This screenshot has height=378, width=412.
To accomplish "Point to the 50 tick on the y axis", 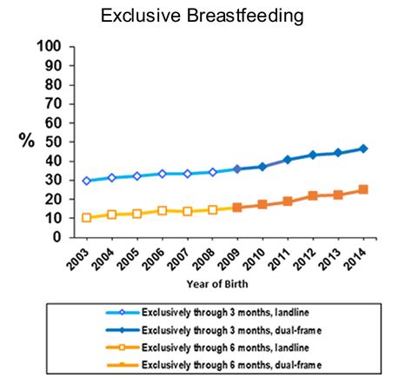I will (x=53, y=142).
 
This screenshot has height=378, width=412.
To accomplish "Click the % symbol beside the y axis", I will (x=26, y=142).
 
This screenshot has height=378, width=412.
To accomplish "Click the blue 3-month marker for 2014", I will (x=363, y=149).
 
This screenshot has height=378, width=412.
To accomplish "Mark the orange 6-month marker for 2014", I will (x=363, y=189).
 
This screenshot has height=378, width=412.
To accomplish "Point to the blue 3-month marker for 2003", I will (x=86, y=181).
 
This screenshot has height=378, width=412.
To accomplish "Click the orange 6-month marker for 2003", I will (x=86, y=217).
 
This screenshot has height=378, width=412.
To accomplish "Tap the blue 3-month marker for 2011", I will (x=288, y=160).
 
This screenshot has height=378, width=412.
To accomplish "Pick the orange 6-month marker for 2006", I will (x=162, y=210).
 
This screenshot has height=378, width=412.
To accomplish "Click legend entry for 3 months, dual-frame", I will (x=225, y=328).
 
